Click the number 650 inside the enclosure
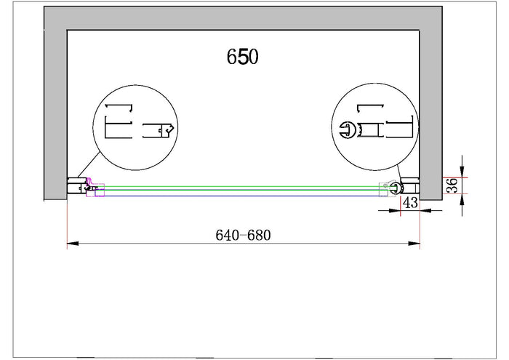click(242, 57)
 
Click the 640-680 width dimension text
click(243, 235)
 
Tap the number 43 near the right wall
click(410, 203)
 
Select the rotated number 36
click(452, 185)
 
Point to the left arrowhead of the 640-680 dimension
click(73, 244)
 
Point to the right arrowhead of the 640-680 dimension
click(414, 244)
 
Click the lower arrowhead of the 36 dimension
click(462, 200)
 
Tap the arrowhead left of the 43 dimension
click(395, 211)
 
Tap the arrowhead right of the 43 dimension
click(425, 211)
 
